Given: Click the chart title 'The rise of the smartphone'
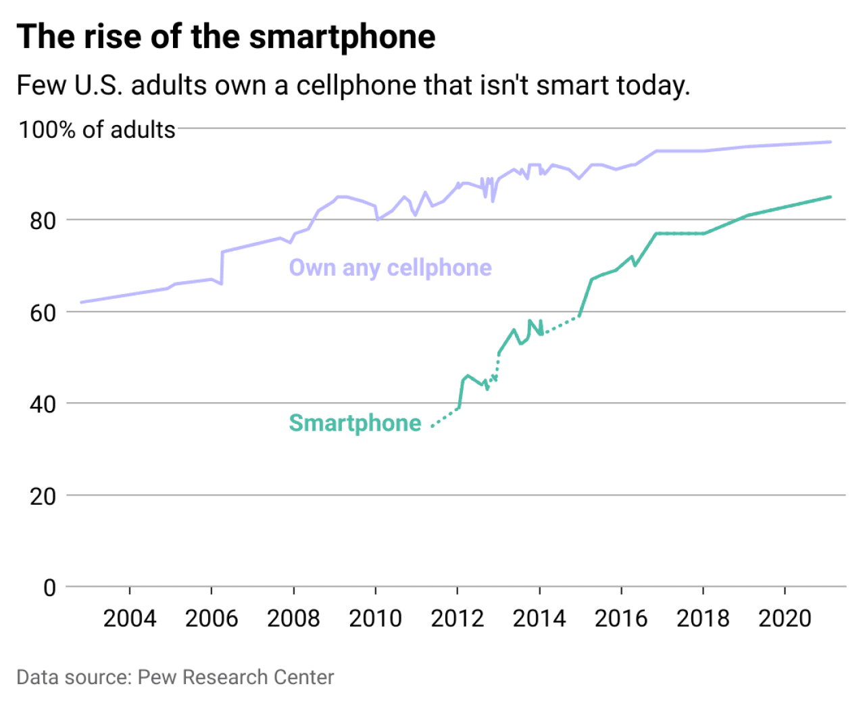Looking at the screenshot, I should (226, 37).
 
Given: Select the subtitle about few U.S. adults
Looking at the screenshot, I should (353, 86).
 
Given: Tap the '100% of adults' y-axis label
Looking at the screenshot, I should (97, 129).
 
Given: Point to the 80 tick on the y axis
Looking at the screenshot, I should (43, 220).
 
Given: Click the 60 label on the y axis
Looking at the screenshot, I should (43, 313).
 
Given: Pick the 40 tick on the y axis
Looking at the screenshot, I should (43, 404).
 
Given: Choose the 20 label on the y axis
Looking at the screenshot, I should (43, 496).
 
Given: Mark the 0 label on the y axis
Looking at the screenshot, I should (49, 588).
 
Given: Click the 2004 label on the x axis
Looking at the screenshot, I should (129, 618).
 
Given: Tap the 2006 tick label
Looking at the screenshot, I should (212, 618).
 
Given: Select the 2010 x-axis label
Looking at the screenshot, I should (375, 618).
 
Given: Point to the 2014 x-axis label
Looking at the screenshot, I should (539, 618).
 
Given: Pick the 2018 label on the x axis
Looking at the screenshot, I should (703, 618).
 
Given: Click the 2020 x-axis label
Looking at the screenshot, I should (785, 618).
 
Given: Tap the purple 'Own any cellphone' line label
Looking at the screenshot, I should (390, 268).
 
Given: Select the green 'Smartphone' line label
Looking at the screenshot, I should (355, 422).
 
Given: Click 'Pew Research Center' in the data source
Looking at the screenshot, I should (236, 677).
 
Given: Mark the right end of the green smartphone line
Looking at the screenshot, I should (830, 197).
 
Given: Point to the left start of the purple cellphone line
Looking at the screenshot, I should (81, 302).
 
